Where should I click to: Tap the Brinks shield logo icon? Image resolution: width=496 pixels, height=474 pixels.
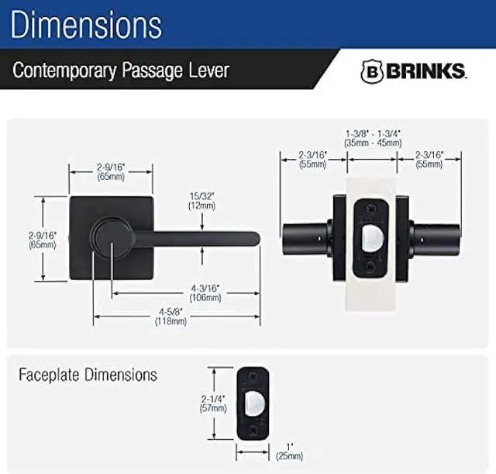(x=371, y=71)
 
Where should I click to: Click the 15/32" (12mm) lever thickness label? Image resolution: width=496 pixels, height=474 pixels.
(x=202, y=200)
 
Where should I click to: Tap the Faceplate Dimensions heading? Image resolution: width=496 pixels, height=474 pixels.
(x=88, y=375)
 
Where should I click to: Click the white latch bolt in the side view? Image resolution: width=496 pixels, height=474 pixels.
(x=372, y=235)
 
